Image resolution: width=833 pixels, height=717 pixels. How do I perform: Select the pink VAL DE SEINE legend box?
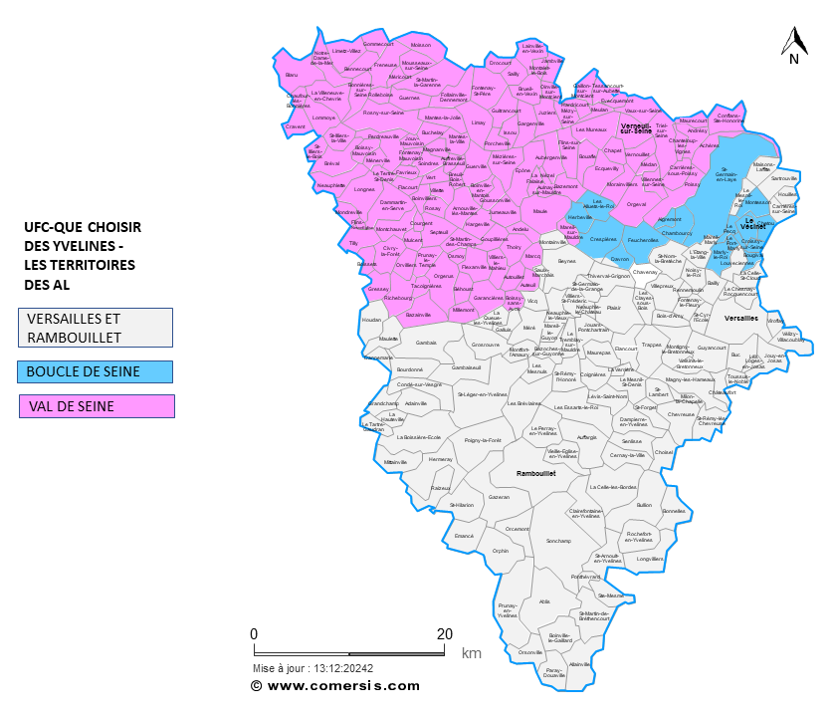97,406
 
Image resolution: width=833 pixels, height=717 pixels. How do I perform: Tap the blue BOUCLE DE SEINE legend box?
96,371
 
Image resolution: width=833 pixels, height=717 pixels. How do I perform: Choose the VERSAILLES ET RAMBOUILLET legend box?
96,327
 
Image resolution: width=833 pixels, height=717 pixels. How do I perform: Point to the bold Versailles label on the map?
741,318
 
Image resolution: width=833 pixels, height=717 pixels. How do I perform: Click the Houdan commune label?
371,320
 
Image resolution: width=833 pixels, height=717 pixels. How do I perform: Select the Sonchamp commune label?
558,541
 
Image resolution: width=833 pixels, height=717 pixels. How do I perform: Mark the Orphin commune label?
501,551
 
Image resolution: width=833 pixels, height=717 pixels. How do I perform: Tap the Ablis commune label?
544,601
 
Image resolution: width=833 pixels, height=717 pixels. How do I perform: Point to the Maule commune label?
540,211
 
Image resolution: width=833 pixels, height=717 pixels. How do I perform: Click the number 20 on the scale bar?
445,633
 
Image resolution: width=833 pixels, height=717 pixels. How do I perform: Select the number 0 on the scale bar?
254,633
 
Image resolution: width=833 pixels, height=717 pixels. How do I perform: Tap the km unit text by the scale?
471,654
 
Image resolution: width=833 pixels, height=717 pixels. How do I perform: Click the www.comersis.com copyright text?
335,686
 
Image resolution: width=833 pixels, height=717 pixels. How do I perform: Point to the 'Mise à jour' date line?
313,669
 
